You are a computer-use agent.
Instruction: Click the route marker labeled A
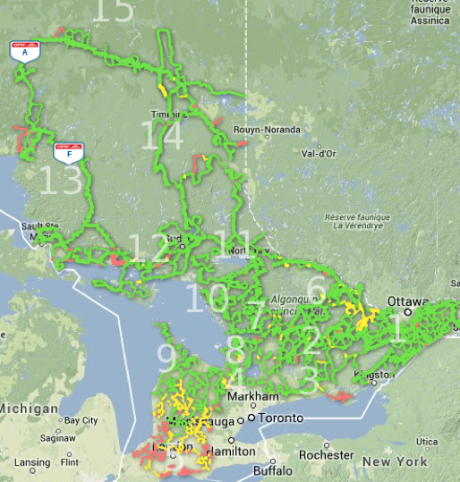coord(24,50)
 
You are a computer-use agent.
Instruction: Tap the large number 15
coord(113,10)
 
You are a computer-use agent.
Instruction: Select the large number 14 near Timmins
coord(163,137)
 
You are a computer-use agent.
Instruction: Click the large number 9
coord(166,356)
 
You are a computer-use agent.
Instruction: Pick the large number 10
coord(207,297)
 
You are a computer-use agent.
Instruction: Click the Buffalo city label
coord(273,470)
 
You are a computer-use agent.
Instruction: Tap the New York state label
coord(395,462)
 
